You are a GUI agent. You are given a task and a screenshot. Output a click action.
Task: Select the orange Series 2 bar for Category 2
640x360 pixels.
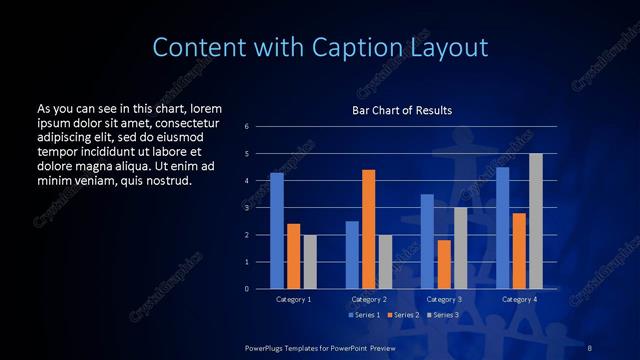click(x=368, y=229)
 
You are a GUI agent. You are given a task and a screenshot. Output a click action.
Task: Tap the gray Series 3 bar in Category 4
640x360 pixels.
click(x=536, y=221)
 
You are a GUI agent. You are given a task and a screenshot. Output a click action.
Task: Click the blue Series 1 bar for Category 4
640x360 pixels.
click(x=502, y=227)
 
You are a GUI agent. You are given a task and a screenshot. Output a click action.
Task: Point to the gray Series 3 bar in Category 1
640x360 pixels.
click(x=310, y=261)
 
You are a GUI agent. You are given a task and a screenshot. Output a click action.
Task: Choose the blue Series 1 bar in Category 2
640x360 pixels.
click(x=352, y=255)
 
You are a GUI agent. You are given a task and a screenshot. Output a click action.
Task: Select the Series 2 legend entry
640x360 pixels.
click(x=402, y=315)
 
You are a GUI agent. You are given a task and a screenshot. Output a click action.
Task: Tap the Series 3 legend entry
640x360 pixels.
click(x=442, y=315)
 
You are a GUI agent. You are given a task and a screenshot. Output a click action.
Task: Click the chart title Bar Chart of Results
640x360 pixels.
click(x=401, y=110)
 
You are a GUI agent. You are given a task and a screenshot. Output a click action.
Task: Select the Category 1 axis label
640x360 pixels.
click(x=293, y=299)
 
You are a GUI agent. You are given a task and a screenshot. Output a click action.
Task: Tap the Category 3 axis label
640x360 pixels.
click(x=444, y=299)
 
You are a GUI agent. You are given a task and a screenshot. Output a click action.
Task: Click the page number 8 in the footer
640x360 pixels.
click(x=589, y=345)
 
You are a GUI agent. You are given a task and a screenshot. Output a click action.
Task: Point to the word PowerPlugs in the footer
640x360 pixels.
click(x=267, y=345)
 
